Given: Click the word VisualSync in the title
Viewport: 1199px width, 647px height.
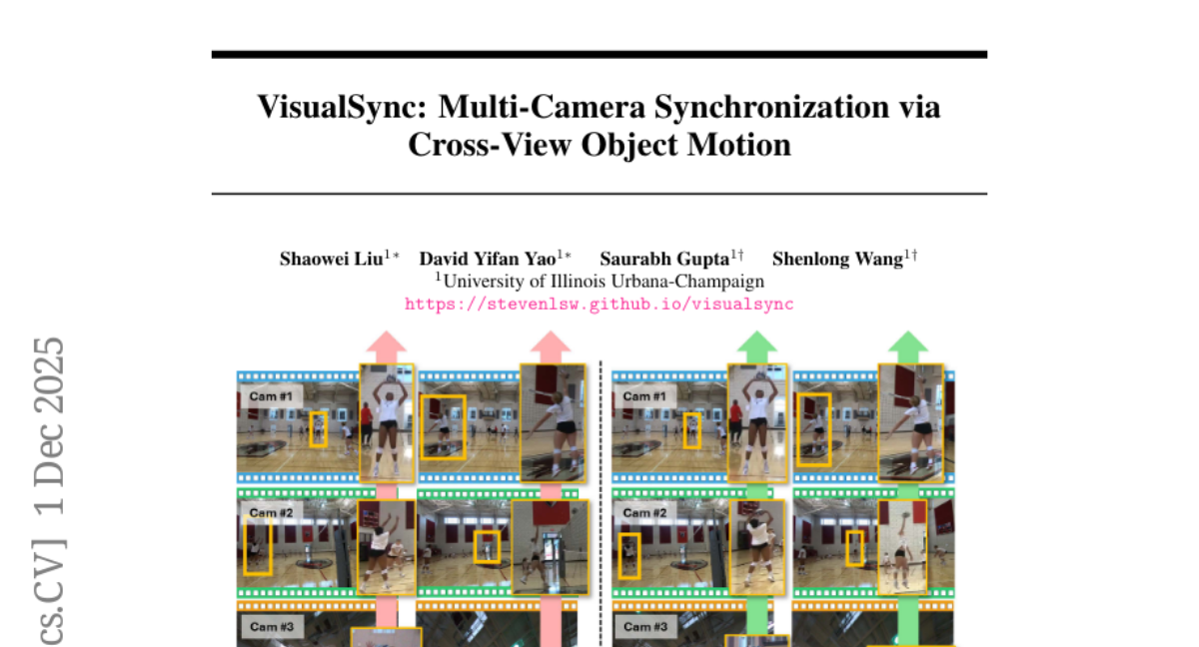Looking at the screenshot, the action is click(342, 107).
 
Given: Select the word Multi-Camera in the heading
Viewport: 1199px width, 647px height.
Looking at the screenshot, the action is click(542, 107).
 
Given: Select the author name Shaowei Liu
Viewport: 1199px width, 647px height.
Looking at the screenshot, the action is click(332, 259).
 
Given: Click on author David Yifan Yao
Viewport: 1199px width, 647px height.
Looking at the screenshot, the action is click(488, 259).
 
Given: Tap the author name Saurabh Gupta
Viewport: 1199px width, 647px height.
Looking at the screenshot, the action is click(664, 259).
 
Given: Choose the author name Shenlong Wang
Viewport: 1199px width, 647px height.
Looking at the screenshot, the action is click(837, 259).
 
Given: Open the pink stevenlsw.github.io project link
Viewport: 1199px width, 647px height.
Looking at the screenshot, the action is click(599, 305).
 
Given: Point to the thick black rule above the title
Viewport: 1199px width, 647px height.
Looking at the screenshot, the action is click(599, 54).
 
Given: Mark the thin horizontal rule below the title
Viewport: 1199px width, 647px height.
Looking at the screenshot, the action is click(599, 194).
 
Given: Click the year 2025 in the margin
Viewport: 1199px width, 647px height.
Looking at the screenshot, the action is click(49, 376).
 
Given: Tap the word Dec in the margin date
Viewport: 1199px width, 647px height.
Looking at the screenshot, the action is click(49, 454).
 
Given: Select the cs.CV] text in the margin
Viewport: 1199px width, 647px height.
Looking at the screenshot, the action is click(49, 593).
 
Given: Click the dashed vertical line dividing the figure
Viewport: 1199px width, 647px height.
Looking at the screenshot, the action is click(600, 503).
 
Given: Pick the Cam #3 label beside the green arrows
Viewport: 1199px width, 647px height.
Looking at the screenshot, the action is click(645, 627).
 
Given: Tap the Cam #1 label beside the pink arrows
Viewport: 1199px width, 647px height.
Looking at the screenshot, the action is click(271, 396).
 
